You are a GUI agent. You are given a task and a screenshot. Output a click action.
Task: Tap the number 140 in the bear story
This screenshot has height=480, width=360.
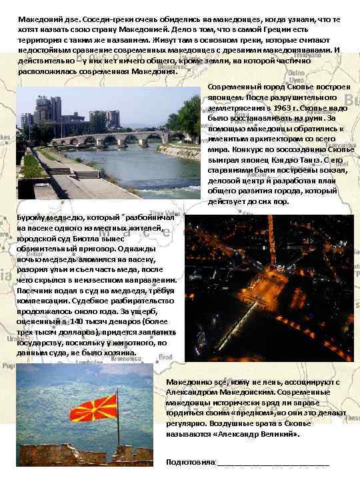pos(97,321)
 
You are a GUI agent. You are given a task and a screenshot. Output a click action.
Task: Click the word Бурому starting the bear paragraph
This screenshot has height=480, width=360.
pos(32,217)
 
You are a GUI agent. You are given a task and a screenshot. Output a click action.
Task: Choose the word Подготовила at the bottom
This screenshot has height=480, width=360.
pos(190,461)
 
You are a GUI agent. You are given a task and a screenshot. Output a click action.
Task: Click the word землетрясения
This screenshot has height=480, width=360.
pos(238,107)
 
